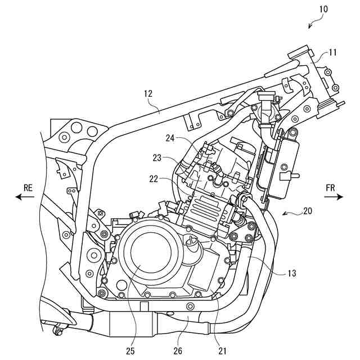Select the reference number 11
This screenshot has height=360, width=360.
(x=332, y=53)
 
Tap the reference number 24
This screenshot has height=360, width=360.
(x=172, y=137)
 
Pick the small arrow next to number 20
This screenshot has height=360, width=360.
(x=287, y=214)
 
